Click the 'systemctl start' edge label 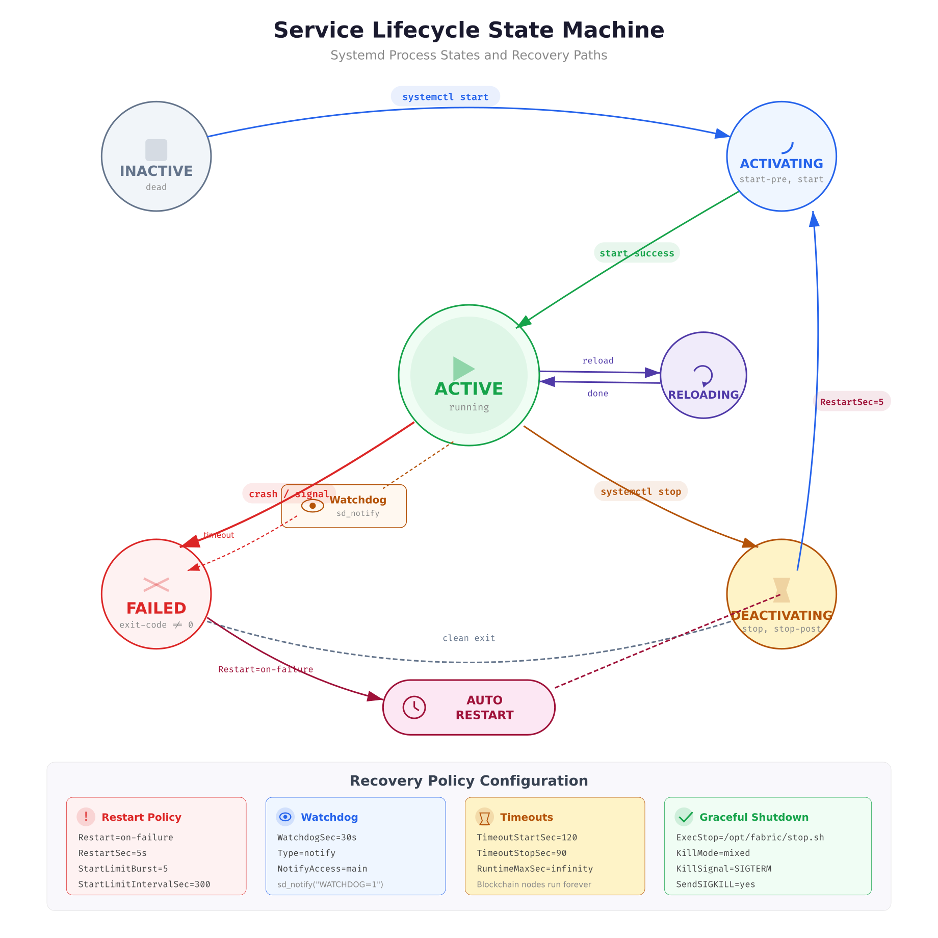[445, 97]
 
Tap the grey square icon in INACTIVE [156, 150]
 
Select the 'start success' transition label [637, 253]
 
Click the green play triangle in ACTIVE [463, 369]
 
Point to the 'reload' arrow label [598, 360]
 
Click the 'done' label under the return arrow [597, 394]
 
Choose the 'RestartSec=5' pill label [851, 402]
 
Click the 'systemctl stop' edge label [641, 491]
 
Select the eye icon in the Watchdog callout [312, 506]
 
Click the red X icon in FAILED [156, 585]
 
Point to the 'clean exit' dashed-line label [468, 638]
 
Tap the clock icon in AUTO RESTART [414, 708]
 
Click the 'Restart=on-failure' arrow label [266, 669]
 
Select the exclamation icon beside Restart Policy [86, 817]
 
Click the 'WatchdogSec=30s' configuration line [317, 838]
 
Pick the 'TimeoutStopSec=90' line [522, 853]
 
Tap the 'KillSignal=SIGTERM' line [723, 869]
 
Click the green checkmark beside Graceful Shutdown [684, 817]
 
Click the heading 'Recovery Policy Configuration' [468, 781]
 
